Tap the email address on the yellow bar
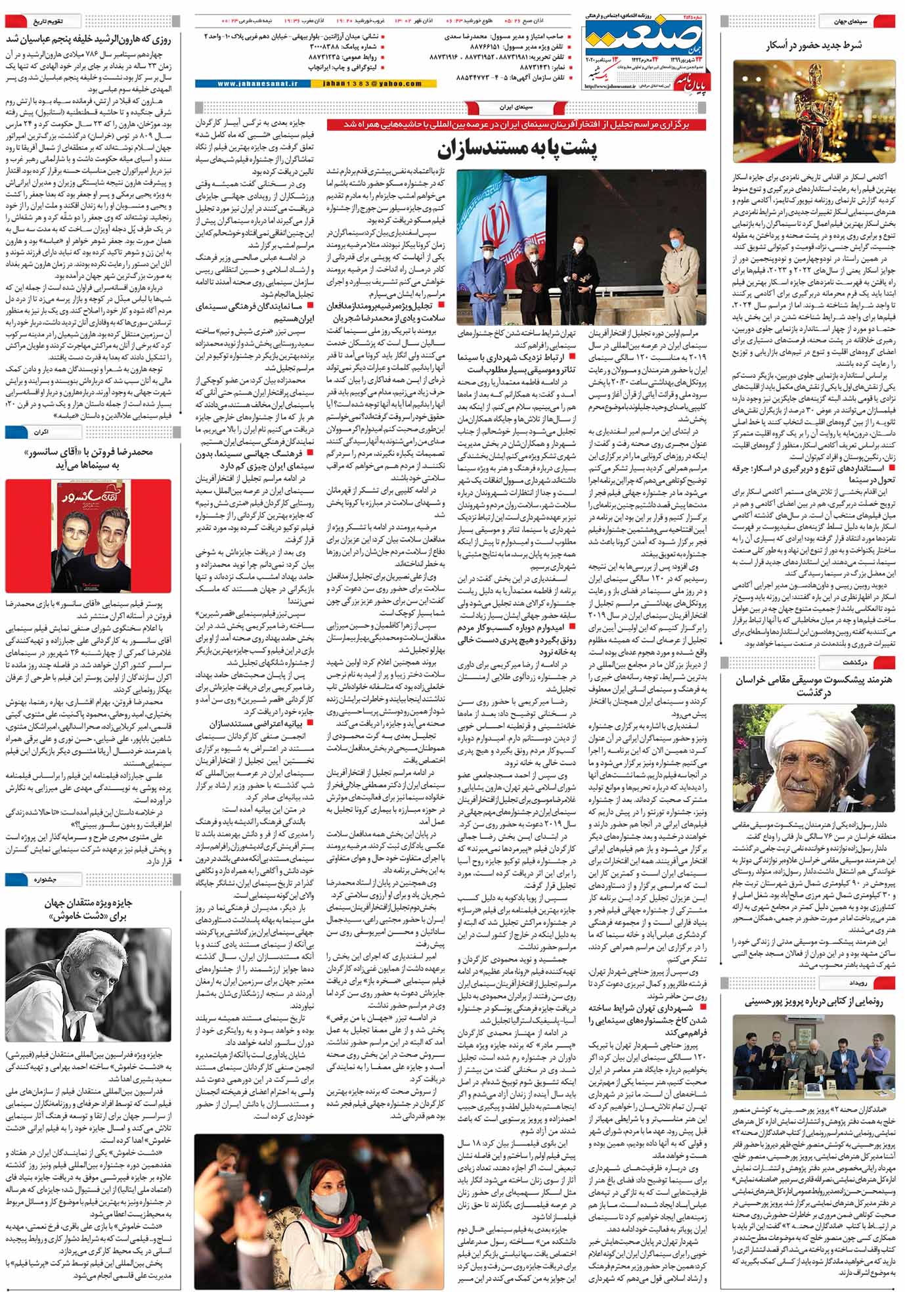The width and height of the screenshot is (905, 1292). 372,84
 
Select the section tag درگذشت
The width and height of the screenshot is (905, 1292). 855,663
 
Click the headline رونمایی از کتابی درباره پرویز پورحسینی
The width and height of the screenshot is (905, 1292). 814,1002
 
